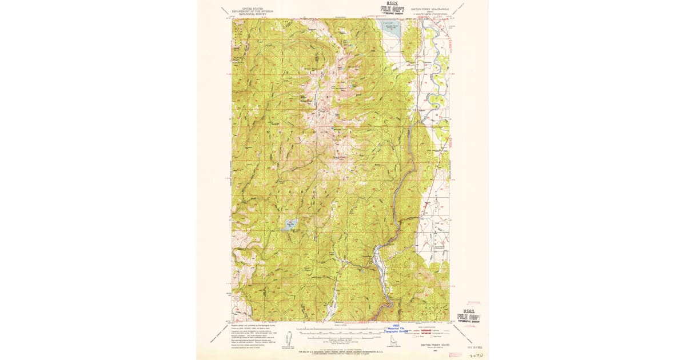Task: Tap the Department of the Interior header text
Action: (x=254, y=11)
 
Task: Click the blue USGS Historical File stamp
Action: (x=394, y=329)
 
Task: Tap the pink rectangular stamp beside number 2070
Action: (x=455, y=354)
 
